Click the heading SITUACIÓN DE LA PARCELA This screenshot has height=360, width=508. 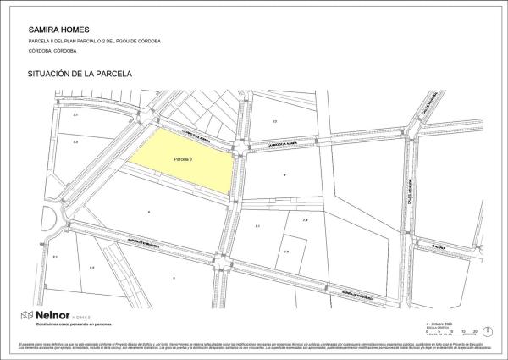tap(80, 74)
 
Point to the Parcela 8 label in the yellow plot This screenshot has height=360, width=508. tap(184, 159)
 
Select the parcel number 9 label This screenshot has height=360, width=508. tap(285, 174)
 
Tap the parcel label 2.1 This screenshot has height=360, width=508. tap(257, 227)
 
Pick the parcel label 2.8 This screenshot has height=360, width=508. tap(305, 219)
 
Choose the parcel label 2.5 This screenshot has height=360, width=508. tap(286, 252)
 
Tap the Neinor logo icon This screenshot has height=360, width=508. tap(27, 314)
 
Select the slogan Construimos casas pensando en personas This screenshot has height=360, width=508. tap(68, 324)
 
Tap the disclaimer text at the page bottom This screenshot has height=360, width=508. tap(254, 347)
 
